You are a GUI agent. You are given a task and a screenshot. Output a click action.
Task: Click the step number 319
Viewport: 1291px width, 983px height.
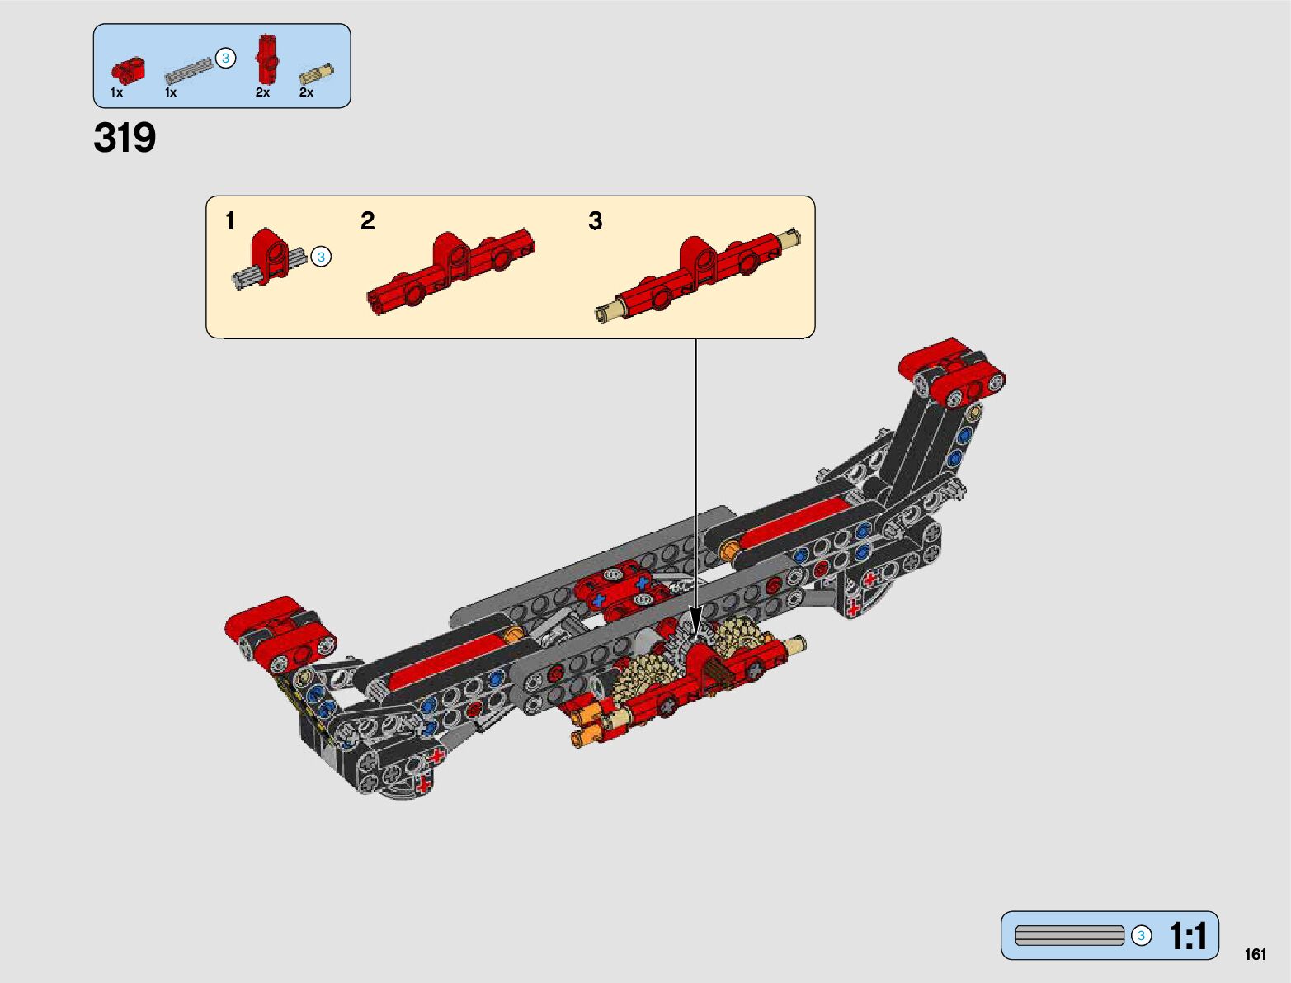(125, 138)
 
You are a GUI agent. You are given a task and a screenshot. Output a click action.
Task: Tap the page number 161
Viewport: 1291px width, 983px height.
(1256, 954)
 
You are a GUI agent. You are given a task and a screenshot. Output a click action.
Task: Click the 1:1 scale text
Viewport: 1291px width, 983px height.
(1188, 935)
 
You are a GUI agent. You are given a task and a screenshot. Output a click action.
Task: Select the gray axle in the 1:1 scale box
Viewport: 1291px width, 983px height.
(1069, 935)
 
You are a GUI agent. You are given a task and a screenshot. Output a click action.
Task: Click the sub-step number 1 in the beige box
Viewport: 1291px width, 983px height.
(230, 221)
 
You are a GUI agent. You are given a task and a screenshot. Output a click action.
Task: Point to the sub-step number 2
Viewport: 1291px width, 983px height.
(368, 221)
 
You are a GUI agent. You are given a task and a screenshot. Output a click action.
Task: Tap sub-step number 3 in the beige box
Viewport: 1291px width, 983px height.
(596, 221)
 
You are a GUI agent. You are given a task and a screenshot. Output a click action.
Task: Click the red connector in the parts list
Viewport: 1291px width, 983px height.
(128, 70)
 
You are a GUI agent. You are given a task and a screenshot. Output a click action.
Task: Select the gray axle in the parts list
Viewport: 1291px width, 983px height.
(189, 71)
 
